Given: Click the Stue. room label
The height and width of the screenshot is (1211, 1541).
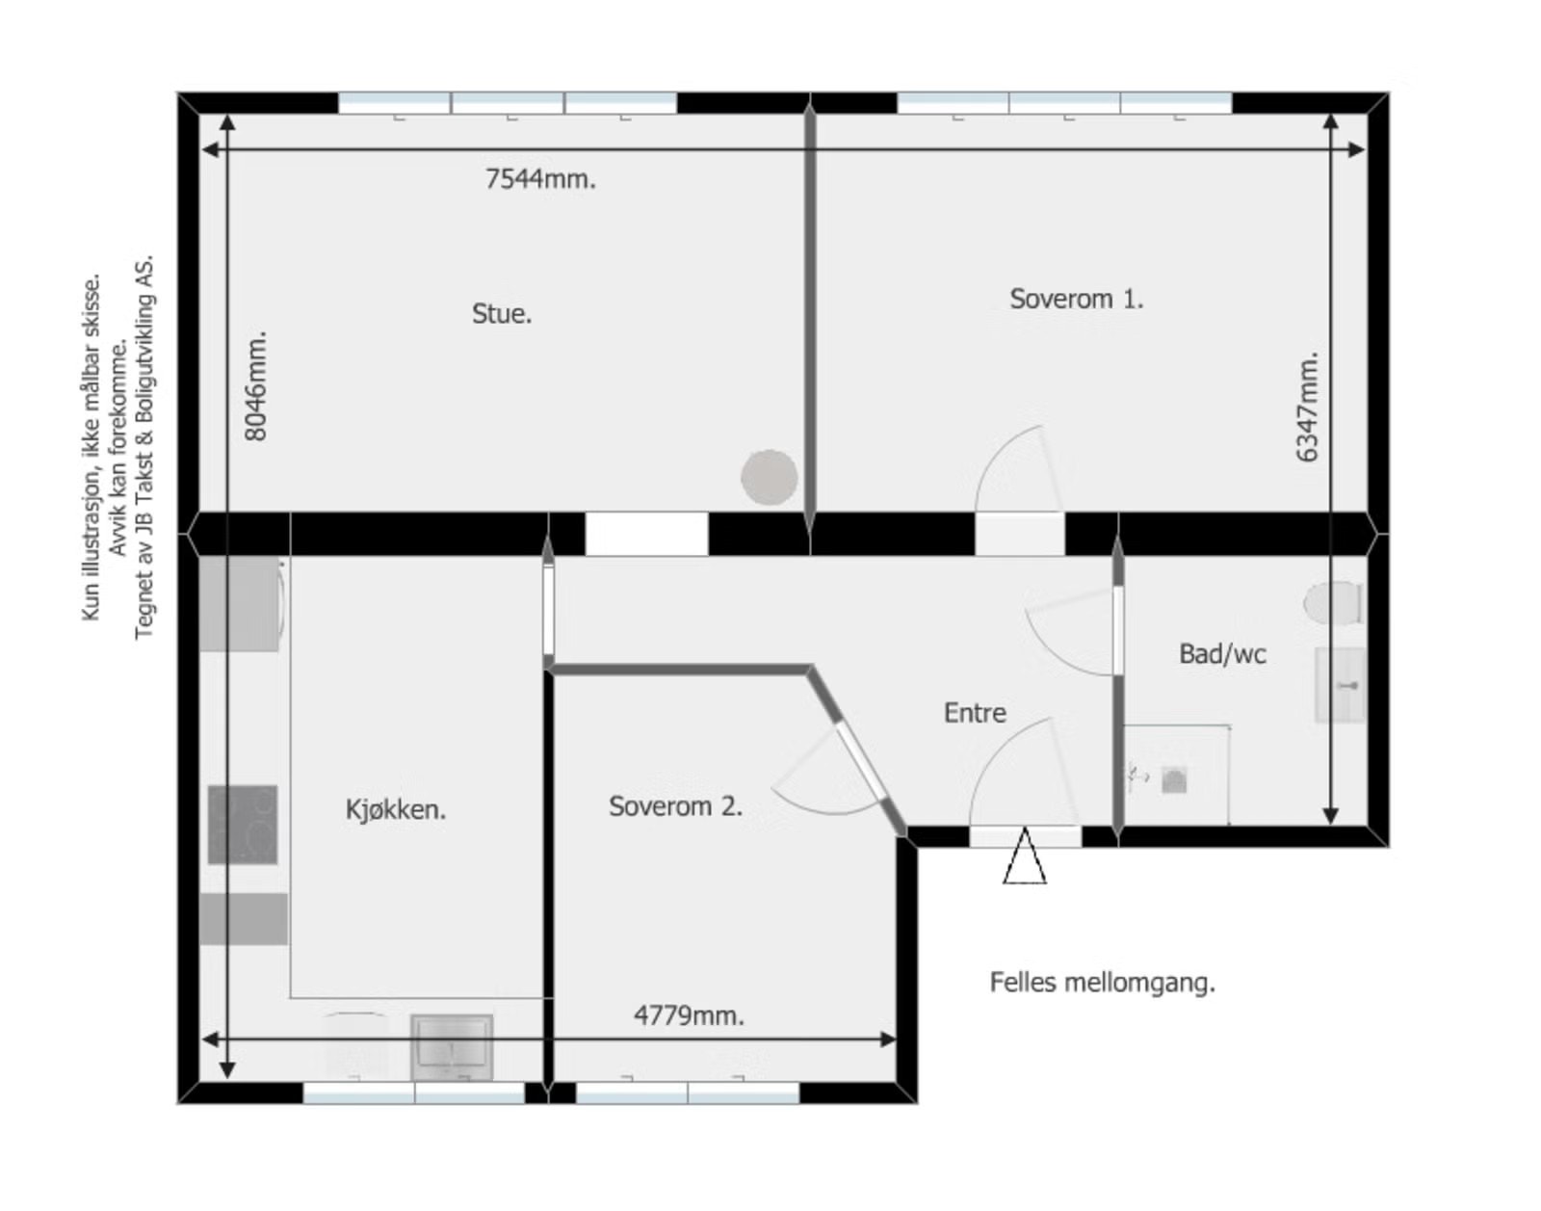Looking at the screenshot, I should point(501,314).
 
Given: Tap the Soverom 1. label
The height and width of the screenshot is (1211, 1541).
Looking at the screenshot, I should point(1076,300).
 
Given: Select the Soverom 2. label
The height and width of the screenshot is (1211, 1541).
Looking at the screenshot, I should point(675,806).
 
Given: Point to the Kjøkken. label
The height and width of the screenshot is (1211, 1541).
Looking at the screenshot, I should point(395,809).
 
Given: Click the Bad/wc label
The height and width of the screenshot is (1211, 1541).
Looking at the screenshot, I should point(1222,654).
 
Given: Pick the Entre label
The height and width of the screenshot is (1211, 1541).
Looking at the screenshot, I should point(975,713).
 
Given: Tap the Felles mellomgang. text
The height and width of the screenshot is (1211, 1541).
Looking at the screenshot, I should point(1102,983).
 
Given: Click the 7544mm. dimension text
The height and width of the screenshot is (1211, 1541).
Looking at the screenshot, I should point(540,179).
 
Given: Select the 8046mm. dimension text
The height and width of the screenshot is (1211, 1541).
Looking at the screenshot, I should point(256,386).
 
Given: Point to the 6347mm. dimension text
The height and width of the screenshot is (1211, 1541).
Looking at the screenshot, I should point(1307,407).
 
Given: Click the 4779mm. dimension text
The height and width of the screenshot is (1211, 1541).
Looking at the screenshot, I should point(689,1015).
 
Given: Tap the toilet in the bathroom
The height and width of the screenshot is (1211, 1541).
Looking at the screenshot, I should point(1333,603).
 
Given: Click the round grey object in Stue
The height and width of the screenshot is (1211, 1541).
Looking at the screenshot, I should point(769,477).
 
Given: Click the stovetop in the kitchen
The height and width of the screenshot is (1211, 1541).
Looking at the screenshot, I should point(243,825).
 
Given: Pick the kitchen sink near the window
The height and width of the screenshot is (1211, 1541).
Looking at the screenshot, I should point(452,1047).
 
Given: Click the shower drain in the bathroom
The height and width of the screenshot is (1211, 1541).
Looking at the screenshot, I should point(1173,780).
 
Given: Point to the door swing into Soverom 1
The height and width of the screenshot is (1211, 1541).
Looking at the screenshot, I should point(1016,472).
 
